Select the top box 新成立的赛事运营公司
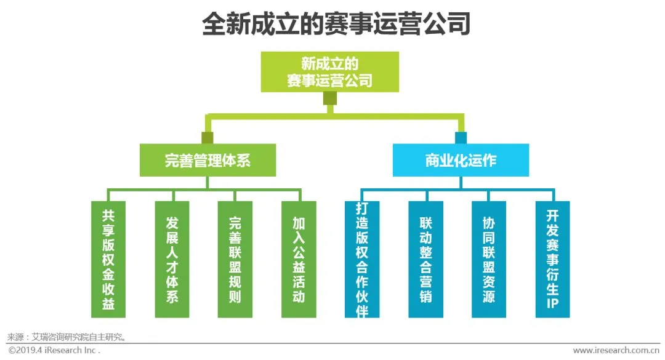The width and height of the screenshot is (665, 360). click(329, 71)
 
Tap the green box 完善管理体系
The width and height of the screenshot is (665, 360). click(208, 160)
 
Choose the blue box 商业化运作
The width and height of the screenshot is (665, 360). click(461, 160)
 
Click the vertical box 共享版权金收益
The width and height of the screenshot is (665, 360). click(108, 259)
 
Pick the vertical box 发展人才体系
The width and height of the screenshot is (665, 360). click(172, 259)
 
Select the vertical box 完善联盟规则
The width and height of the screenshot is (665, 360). click(235, 259)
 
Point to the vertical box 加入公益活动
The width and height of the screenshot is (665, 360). click(299, 259)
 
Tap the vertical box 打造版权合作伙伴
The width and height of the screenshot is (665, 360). click(362, 259)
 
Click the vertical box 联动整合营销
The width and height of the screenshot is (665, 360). click(425, 259)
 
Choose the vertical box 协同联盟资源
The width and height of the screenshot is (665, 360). click(489, 259)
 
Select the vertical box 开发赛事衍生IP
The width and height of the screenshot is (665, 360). click(552, 259)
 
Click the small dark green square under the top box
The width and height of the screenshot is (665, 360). click(330, 98)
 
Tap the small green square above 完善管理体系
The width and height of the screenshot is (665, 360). click(208, 137)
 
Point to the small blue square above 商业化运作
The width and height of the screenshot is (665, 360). click(461, 137)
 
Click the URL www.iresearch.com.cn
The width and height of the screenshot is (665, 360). click(616, 350)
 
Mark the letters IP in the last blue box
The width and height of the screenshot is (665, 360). click(552, 303)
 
